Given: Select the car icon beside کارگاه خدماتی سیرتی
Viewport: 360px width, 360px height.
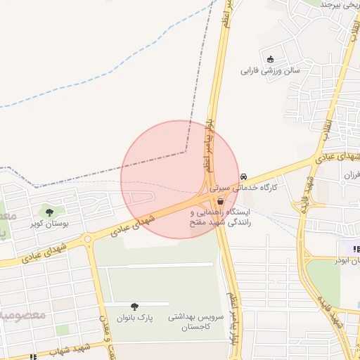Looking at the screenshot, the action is tap(243, 176).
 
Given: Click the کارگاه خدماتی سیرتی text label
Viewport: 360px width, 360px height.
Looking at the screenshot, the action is tap(271, 188).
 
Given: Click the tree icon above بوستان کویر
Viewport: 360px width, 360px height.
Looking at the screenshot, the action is tap(49, 212).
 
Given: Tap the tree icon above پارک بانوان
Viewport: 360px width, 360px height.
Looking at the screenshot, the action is tap(134, 307).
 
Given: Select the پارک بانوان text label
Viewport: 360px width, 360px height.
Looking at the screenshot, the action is tap(135, 319).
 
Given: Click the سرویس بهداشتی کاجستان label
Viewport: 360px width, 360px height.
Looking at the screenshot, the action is tap(195, 323).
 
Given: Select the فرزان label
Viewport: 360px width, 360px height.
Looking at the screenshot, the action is tap(349, 174).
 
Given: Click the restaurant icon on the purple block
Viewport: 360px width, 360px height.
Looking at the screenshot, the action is tap(356, 249).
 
